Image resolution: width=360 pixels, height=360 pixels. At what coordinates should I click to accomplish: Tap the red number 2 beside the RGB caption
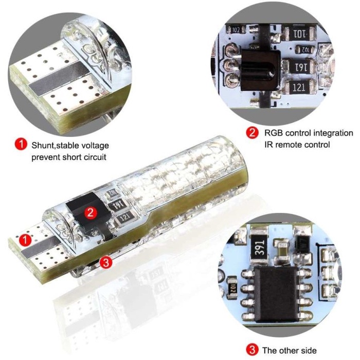coord(252,133)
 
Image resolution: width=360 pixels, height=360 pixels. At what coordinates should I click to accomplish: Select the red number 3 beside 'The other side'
coord(252,350)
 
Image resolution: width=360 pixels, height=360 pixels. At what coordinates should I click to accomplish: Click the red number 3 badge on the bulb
coord(106,262)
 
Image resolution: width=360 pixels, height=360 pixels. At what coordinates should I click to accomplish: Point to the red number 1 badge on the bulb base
coord(25,240)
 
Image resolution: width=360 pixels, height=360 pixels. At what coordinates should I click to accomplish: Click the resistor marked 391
coord(260,246)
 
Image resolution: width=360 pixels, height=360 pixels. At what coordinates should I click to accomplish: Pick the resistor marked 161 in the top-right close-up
coord(299,67)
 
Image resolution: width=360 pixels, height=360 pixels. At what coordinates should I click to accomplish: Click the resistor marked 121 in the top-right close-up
coord(299,87)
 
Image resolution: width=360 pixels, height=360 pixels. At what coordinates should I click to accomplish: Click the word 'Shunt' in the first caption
coord(43,146)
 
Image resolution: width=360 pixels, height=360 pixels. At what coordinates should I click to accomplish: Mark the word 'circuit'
coord(96,157)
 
